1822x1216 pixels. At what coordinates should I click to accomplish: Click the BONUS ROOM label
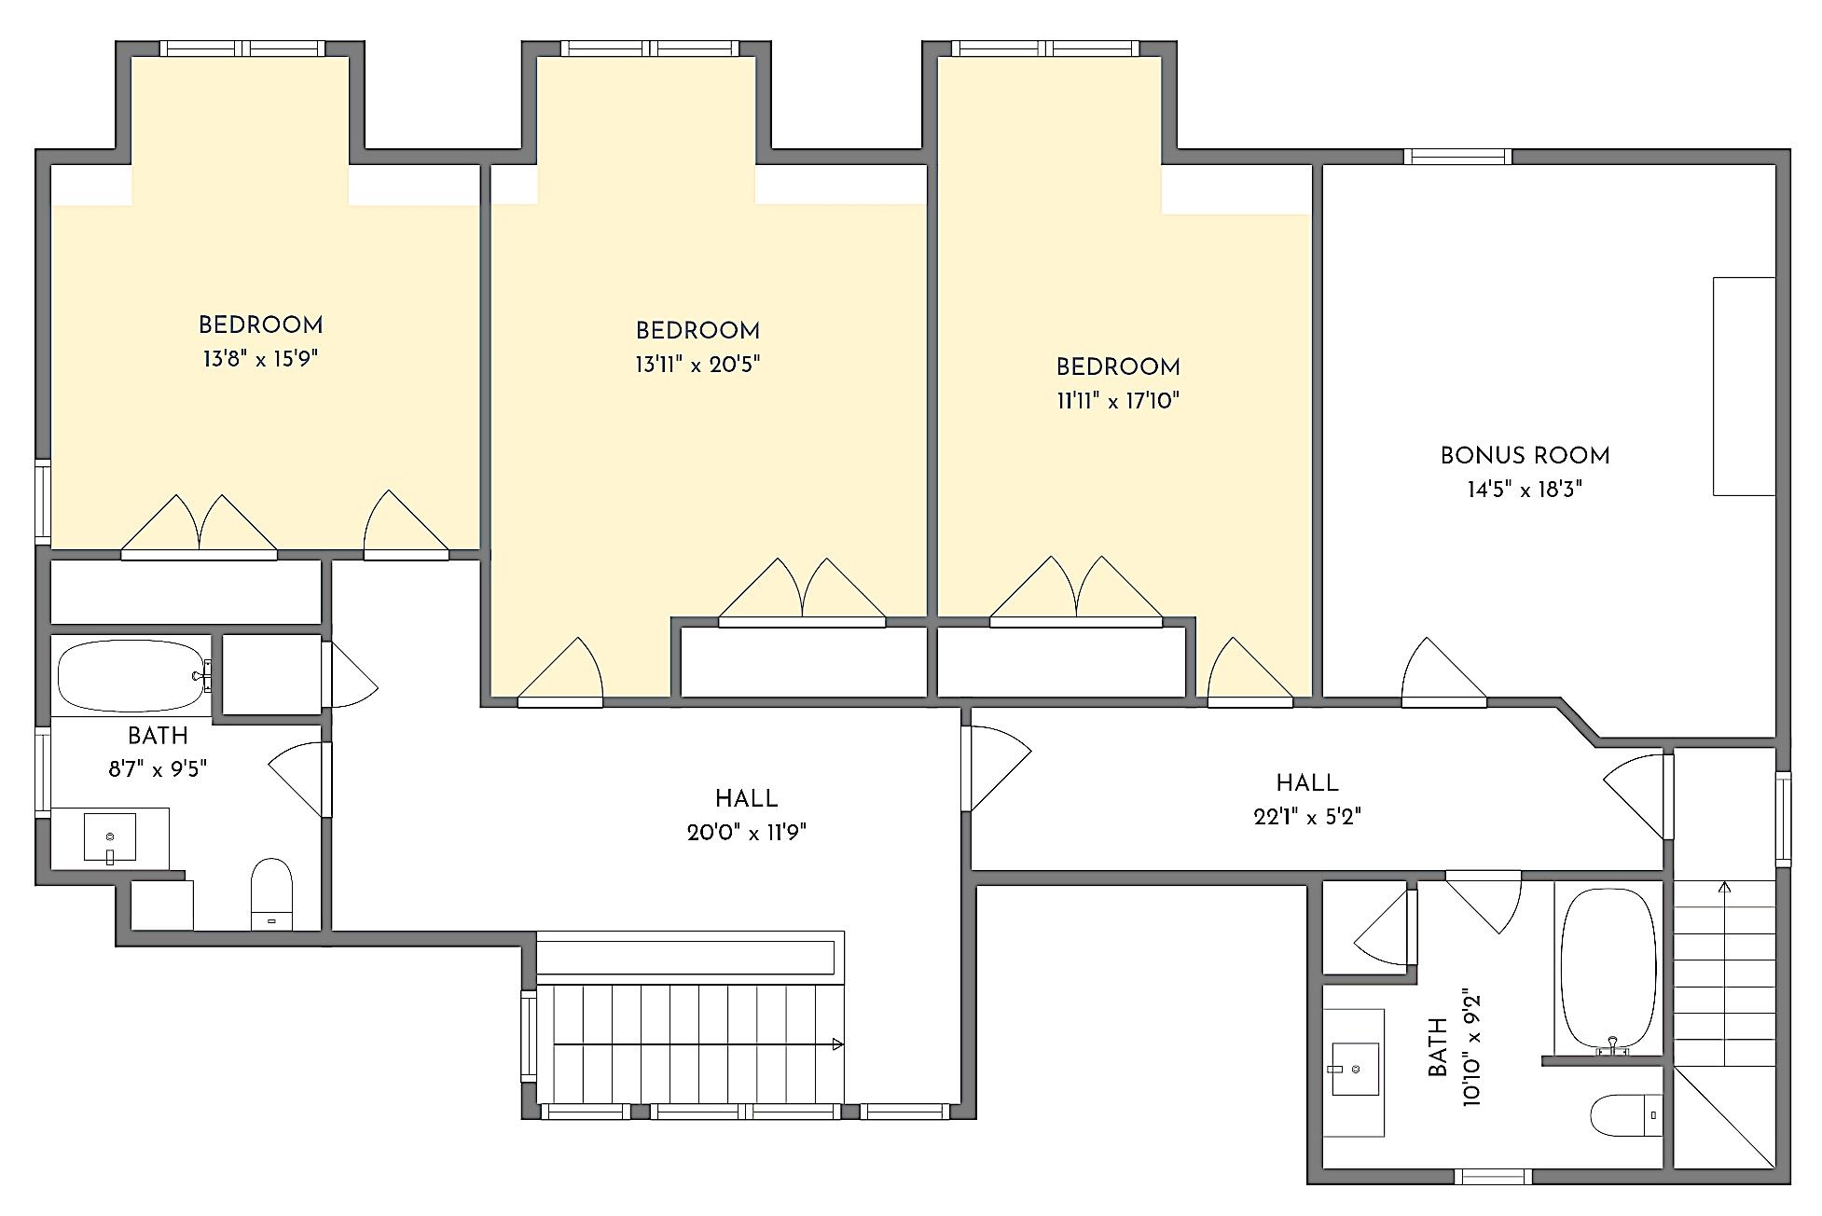[x=1525, y=456]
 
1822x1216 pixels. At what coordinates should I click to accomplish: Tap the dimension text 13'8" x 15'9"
[x=261, y=359]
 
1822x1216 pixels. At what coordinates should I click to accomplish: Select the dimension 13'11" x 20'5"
[x=697, y=365]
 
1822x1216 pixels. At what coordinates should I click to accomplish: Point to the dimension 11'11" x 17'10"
[x=1118, y=401]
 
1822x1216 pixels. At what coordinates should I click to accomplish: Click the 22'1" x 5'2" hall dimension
[x=1307, y=817]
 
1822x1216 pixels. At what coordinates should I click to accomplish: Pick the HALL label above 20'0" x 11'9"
[x=746, y=799]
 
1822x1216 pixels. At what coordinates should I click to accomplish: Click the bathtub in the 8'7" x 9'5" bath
[x=133, y=675]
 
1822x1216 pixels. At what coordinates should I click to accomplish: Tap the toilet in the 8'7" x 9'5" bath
[x=271, y=894]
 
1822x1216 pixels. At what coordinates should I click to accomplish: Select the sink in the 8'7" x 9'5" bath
[x=110, y=837]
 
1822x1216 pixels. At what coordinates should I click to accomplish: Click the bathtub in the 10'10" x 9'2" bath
[x=1608, y=971]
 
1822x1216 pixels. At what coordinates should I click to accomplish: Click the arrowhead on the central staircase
[x=838, y=1044]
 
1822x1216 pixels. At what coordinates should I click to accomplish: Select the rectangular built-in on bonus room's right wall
[x=1744, y=386]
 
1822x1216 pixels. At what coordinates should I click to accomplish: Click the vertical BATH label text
[x=1438, y=1048]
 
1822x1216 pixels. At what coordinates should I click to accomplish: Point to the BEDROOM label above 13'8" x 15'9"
[x=261, y=325]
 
